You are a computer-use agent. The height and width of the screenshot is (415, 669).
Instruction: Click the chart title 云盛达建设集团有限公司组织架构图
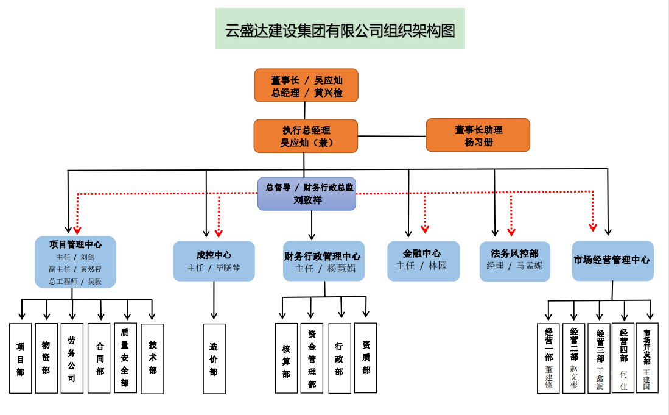(x=340, y=29)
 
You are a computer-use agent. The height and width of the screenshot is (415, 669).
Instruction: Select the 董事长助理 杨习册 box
(x=478, y=135)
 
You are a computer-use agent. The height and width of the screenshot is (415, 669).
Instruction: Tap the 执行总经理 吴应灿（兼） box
(x=306, y=136)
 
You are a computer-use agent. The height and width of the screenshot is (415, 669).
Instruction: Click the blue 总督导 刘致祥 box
(x=307, y=194)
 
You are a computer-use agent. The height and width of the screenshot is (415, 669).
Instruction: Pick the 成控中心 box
(x=214, y=261)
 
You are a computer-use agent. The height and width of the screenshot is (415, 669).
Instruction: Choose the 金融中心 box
(x=423, y=260)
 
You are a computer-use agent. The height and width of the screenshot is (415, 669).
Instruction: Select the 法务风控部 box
(x=514, y=261)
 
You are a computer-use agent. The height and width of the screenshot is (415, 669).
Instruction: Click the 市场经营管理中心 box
(x=612, y=260)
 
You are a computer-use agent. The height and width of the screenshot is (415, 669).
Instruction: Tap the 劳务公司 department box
(x=72, y=358)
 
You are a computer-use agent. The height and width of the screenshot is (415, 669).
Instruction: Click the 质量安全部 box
(x=125, y=358)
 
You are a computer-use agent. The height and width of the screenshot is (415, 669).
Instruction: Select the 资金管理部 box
(x=312, y=358)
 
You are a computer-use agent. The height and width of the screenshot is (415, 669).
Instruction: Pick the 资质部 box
(x=365, y=358)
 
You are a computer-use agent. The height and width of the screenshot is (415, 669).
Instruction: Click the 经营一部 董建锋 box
(x=548, y=358)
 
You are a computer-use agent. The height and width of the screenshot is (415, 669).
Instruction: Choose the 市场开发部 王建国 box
(x=646, y=358)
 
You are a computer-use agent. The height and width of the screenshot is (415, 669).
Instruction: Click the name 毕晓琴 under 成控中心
(x=228, y=268)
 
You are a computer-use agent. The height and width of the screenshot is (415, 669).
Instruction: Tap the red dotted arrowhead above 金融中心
(x=425, y=229)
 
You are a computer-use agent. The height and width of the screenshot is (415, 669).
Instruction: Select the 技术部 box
(x=152, y=358)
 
